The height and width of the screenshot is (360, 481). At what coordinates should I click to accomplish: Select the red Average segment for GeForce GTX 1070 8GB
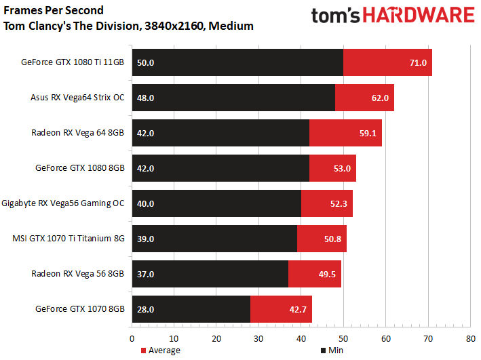click(281, 309)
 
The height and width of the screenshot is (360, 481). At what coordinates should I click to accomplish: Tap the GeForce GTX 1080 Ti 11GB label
click(73, 62)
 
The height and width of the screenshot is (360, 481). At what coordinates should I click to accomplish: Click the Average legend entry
click(160, 351)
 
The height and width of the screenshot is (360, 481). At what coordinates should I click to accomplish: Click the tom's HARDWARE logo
click(393, 16)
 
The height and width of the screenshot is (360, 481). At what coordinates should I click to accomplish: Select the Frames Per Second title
click(54, 11)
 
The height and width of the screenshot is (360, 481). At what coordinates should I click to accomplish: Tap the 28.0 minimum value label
click(146, 309)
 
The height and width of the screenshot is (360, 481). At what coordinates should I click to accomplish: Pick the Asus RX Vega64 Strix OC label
click(77, 98)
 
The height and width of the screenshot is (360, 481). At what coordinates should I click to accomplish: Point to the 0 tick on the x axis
click(132, 337)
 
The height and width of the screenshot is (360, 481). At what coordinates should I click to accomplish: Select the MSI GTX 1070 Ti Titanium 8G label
click(69, 239)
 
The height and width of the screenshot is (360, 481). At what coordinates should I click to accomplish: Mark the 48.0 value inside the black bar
click(146, 98)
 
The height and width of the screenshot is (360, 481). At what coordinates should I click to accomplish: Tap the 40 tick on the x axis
click(301, 337)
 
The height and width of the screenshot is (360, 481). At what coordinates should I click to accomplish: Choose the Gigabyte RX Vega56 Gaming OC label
click(63, 203)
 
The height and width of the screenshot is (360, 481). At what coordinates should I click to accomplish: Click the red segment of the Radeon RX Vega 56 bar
click(314, 274)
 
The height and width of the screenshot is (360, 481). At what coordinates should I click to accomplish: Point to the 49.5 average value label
click(328, 274)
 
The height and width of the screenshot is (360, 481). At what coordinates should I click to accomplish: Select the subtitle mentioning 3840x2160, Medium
click(128, 26)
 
